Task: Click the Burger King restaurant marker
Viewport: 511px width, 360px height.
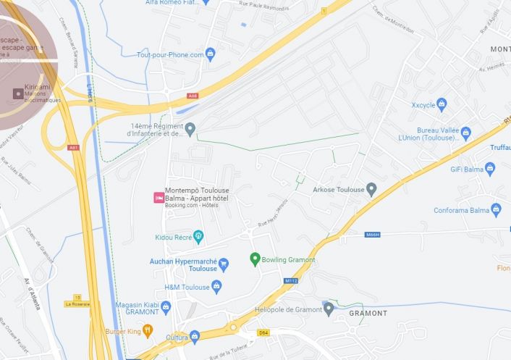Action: [x=148, y=331]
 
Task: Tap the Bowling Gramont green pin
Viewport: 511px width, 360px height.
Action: [x=255, y=259]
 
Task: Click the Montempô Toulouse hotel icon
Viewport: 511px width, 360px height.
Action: [x=158, y=197]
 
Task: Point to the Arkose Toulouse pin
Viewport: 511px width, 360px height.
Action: [x=371, y=190]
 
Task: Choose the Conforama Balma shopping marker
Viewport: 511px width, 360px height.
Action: [x=496, y=210]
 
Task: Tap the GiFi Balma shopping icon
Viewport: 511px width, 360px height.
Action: [x=490, y=169]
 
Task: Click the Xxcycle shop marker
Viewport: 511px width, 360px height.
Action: [x=442, y=104]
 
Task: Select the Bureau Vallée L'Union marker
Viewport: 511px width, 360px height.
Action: [x=466, y=133]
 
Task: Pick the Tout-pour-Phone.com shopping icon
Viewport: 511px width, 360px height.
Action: [x=211, y=54]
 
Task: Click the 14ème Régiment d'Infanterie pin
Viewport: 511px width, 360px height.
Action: [x=190, y=130]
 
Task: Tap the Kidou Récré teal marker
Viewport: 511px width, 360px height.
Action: [x=199, y=237]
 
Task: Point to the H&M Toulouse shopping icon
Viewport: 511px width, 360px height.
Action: [x=216, y=287]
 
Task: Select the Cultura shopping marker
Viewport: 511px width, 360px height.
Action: [x=194, y=337]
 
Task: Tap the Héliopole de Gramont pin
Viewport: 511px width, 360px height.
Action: [x=329, y=309]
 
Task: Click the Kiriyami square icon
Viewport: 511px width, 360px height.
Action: [x=18, y=93]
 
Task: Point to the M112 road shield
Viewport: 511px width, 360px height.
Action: [x=292, y=280]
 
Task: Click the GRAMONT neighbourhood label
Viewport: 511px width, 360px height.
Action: [x=368, y=314]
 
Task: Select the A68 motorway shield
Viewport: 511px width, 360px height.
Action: [x=192, y=96]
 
